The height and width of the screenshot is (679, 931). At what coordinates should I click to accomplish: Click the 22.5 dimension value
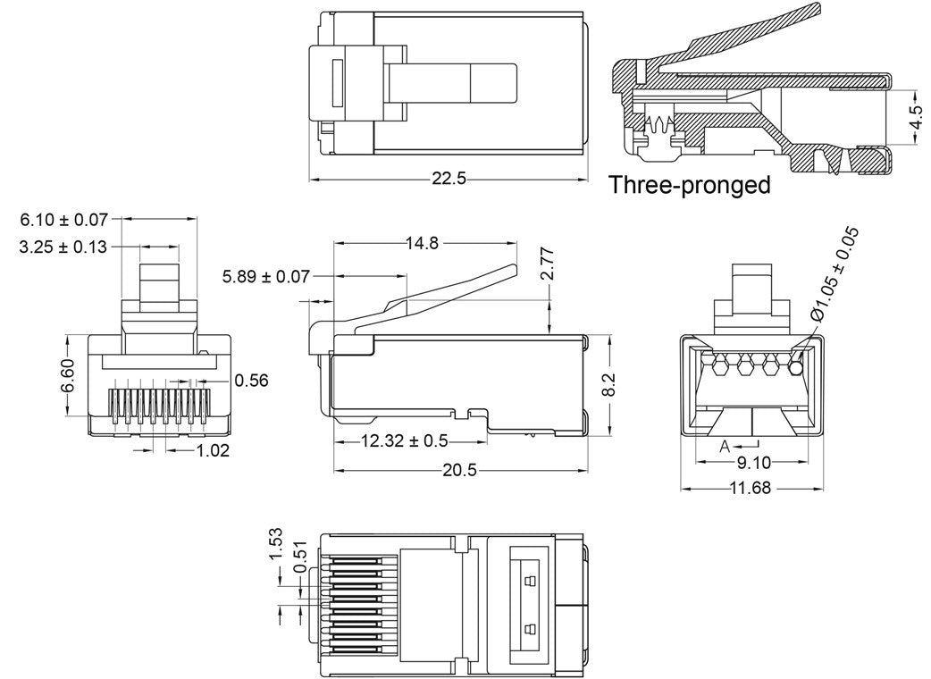(x=449, y=179)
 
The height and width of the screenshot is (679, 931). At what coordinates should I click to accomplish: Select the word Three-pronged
(x=689, y=186)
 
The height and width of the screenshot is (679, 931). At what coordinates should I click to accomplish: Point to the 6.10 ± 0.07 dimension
(x=63, y=218)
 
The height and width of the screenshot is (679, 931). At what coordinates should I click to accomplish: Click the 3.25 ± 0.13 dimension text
(x=63, y=247)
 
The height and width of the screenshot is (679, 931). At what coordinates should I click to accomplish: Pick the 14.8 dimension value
(x=422, y=243)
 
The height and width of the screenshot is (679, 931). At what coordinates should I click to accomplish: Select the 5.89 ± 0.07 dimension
(x=266, y=278)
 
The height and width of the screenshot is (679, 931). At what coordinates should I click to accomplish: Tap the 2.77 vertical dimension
(x=547, y=265)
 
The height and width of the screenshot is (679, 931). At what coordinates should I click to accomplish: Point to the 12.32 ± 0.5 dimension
(x=405, y=440)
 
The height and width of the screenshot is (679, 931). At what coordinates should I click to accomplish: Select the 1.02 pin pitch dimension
(x=213, y=450)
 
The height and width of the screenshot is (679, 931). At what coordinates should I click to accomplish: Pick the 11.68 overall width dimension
(x=751, y=489)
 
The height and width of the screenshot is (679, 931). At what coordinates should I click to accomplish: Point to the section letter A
(x=726, y=445)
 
